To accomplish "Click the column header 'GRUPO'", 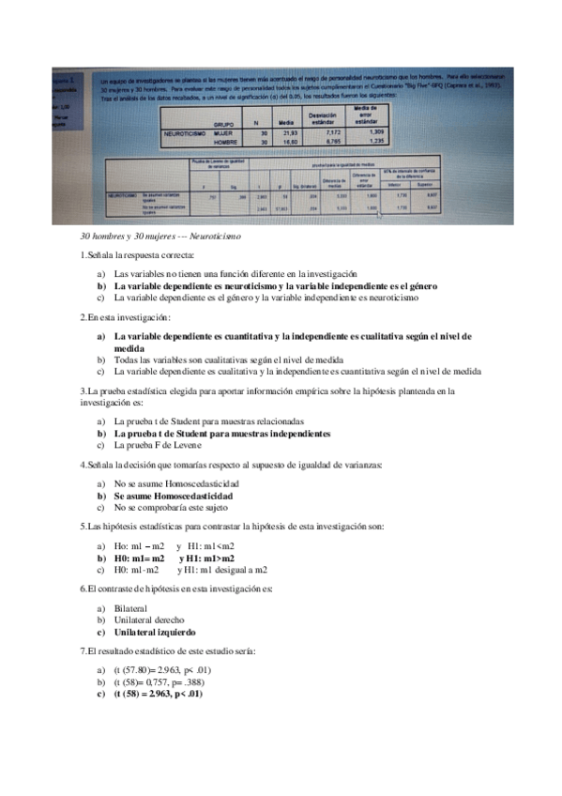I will pyautogui.click(x=223, y=123).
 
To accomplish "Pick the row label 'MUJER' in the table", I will pyautogui.click(x=223, y=133).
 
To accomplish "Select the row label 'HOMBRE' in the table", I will pyautogui.click(x=223, y=143).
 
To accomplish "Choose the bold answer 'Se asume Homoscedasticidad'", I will pyautogui.click(x=174, y=495).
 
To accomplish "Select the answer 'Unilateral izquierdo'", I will pyautogui.click(x=156, y=633).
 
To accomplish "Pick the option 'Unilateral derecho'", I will pyautogui.click(x=151, y=620).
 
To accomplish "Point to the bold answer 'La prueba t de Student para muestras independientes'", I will pyautogui.click(x=222, y=434).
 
